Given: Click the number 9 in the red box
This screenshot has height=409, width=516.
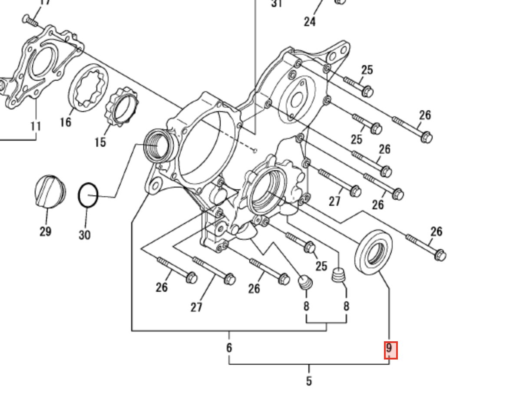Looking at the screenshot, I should (390, 349).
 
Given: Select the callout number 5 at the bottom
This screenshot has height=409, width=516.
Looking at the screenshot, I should (309, 381).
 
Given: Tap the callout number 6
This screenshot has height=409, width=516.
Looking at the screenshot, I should (229, 347).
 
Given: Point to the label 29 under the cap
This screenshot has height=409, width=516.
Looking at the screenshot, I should (45, 231).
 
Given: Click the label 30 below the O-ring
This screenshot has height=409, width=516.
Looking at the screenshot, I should (84, 234).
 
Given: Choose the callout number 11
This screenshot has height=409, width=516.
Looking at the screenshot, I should (36, 126).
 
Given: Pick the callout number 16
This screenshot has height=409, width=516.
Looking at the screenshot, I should (65, 122).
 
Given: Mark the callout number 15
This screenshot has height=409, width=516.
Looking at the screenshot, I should (100, 142).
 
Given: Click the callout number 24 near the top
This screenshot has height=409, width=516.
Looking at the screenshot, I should (309, 21).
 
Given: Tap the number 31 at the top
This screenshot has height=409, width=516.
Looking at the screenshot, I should (277, 4).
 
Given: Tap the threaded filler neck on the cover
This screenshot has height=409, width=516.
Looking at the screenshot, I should (159, 146).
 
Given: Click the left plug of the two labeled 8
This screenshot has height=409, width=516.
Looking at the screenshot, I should (306, 282).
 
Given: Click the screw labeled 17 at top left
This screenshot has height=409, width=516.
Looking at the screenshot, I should (30, 20).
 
